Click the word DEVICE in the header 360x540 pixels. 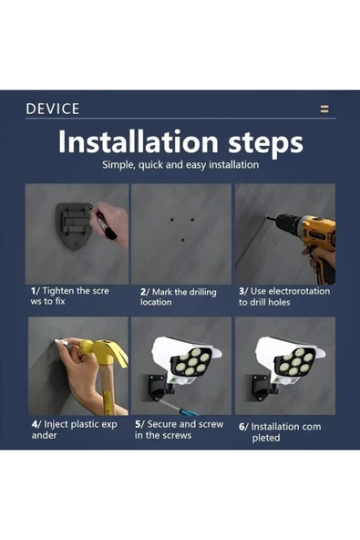point(53,109)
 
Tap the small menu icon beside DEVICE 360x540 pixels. point(324,109)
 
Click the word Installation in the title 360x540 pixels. point(138,141)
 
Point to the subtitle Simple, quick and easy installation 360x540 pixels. point(180,164)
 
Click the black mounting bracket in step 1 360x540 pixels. point(74,225)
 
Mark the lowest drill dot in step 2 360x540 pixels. point(183,240)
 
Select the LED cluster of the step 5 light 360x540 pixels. point(192,362)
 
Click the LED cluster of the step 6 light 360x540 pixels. point(296,362)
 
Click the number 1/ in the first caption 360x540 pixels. point(36,291)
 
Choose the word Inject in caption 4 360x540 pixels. point(56,425)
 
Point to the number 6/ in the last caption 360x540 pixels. point(243,427)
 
